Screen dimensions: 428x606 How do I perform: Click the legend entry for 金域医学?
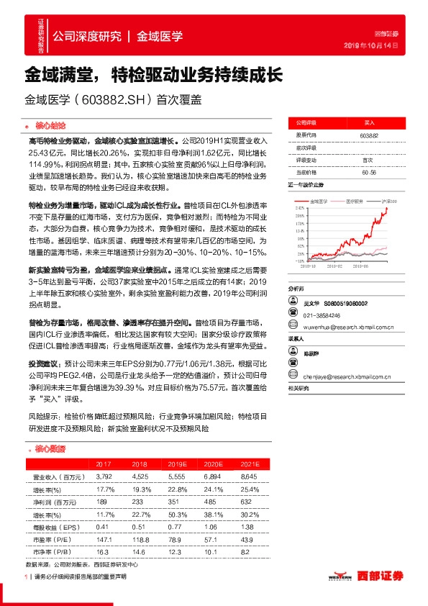pyautogui.click(x=319, y=201)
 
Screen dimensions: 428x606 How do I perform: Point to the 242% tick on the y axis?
pyautogui.click(x=297, y=207)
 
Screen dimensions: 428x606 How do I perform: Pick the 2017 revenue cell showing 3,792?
pyautogui.click(x=104, y=476)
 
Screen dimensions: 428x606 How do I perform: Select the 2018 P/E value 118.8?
pyautogui.click(x=140, y=540)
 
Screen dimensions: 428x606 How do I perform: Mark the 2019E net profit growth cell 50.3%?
pyautogui.click(x=175, y=515)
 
